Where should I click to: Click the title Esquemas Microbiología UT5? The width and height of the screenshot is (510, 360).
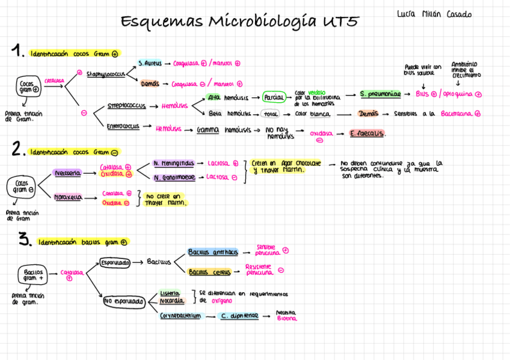pos(239,22)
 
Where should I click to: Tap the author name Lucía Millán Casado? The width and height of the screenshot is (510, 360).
pos(435,14)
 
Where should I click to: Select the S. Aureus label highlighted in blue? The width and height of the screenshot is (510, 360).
pos(150,63)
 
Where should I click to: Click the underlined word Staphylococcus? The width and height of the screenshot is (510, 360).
pos(105,74)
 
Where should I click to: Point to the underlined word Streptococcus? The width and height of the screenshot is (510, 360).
pos(126,106)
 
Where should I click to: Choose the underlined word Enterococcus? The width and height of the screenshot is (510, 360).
pos(123,127)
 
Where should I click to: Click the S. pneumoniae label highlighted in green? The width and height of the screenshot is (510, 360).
pos(381,94)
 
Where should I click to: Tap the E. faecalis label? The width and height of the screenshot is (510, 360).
pos(367,134)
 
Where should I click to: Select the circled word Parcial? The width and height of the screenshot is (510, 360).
pos(274,97)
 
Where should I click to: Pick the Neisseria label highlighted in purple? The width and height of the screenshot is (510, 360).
pos(67,173)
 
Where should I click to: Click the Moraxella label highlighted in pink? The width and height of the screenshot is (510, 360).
pos(68,197)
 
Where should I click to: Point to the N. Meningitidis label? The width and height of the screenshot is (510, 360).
pos(174,163)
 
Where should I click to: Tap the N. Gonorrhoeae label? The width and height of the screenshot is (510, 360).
pos(174,177)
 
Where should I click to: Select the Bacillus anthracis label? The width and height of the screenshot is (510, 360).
pos(213,252)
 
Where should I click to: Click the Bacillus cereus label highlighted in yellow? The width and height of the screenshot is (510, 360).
pos(210,272)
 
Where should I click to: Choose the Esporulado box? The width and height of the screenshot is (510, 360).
pos(115,263)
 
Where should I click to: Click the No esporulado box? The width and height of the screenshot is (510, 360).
pos(123,301)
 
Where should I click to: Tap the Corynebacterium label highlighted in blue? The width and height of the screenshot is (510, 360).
pos(180,316)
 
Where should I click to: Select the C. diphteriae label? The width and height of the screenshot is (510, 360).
pos(239,316)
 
